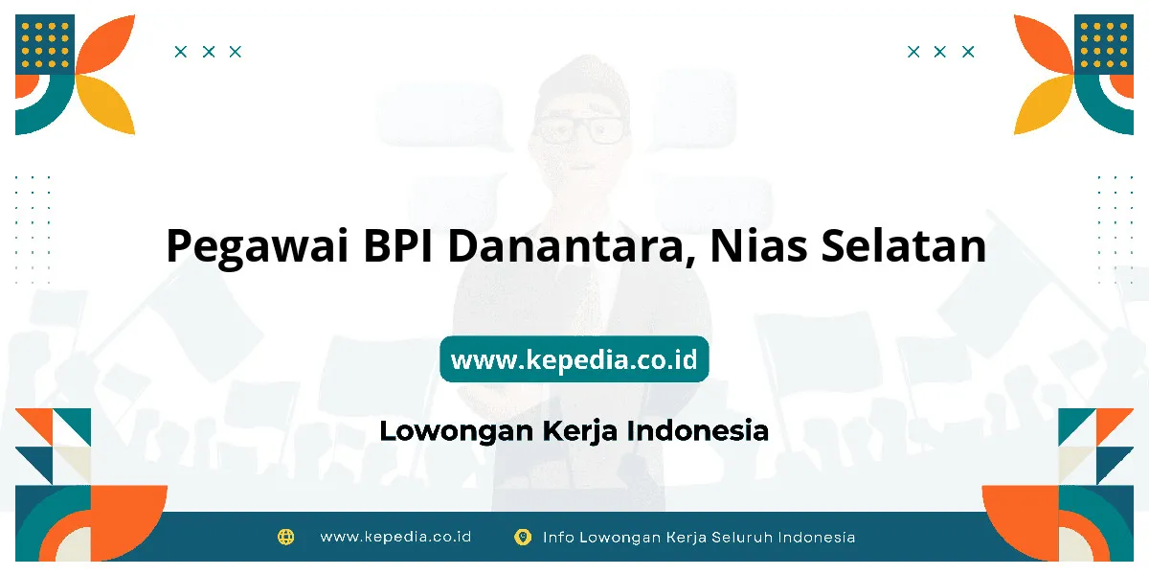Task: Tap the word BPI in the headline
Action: tap(397, 245)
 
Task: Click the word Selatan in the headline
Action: tap(903, 245)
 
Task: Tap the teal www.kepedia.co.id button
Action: tap(574, 359)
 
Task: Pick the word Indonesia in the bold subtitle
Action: tap(698, 430)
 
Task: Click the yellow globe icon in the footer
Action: tap(285, 537)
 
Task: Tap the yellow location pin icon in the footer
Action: tap(523, 537)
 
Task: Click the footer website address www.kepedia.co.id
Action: tap(395, 537)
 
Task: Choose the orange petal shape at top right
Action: tap(1044, 44)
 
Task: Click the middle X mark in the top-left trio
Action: tap(209, 52)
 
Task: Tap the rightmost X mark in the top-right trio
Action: tap(968, 52)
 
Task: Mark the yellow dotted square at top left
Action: tap(45, 45)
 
